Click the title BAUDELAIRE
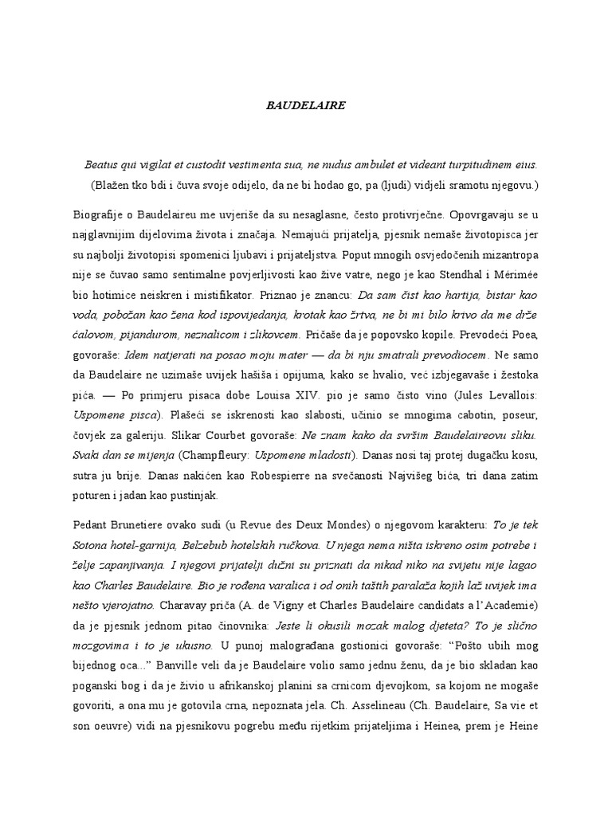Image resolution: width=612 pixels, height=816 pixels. pyautogui.click(x=306, y=104)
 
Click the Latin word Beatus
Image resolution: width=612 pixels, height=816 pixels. pyautogui.click(x=102, y=165)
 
